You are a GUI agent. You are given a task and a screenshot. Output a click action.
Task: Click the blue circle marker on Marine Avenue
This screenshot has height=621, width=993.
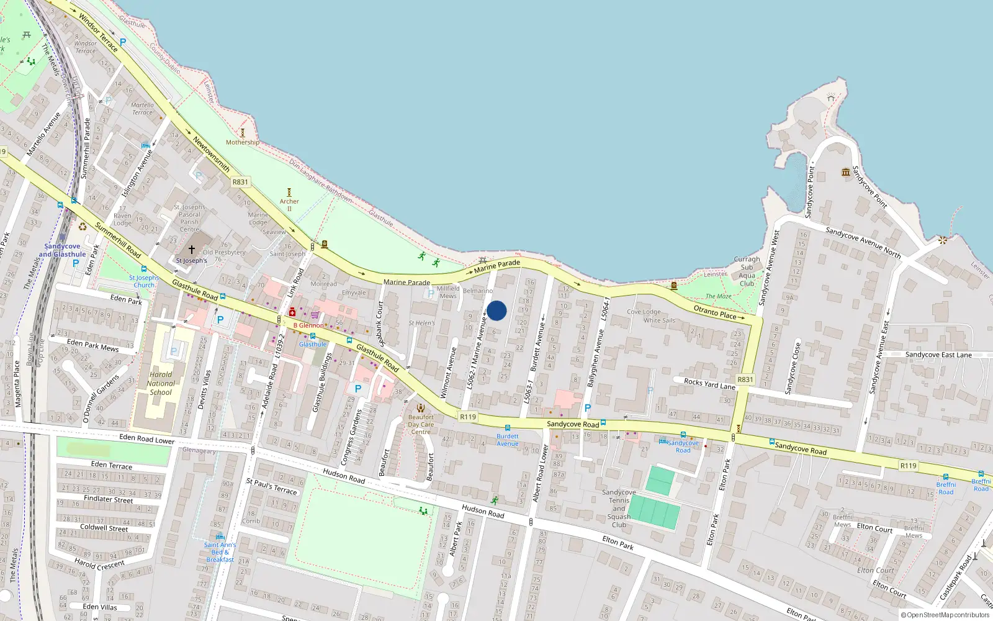tap(496, 310)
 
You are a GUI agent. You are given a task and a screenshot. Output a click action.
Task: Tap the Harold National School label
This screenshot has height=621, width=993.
tap(161, 383)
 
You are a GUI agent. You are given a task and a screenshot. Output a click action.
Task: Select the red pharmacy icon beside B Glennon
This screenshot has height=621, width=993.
tap(292, 312)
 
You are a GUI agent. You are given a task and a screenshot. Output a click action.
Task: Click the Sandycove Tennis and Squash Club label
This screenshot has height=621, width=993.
tap(619, 508)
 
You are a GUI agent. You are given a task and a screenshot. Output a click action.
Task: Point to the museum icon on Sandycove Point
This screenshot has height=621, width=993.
tap(845, 172)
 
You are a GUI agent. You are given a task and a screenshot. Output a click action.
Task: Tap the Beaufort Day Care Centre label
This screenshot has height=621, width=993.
tap(421, 425)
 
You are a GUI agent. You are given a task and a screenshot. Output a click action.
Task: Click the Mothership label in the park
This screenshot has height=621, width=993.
tap(243, 142)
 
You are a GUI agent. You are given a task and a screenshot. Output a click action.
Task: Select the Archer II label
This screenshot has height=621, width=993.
tap(289, 201)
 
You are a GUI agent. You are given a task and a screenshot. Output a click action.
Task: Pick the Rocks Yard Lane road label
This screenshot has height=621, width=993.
tap(709, 384)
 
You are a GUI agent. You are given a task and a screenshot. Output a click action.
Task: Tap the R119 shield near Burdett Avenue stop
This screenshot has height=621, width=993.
tap(468, 417)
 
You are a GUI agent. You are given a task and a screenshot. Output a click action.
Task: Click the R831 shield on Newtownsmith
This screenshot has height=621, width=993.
tap(240, 182)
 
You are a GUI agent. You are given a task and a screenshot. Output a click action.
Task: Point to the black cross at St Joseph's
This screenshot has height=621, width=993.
tap(192, 250)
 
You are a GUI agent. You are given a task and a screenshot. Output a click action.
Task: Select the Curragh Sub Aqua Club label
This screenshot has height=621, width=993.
tap(747, 271)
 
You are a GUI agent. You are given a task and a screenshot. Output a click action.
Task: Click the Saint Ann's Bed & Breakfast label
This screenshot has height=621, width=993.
tap(220, 552)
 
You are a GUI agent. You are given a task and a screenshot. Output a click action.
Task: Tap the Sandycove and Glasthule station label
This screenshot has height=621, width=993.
tap(62, 250)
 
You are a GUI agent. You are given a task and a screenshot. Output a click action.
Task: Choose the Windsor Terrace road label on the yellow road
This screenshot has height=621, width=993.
tap(98, 33)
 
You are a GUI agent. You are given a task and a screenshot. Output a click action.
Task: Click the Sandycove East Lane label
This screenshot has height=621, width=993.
tap(938, 355)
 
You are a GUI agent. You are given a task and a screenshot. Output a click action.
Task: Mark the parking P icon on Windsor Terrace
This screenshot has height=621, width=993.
tap(123, 42)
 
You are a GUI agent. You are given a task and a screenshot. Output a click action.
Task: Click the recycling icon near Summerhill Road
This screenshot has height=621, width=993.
tap(83, 227)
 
